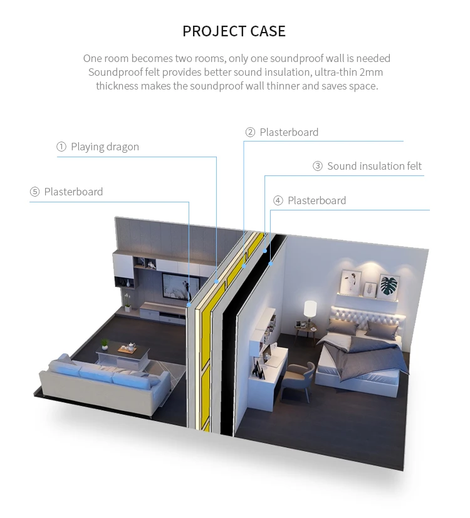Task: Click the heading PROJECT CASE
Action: click(x=234, y=31)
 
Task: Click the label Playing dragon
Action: click(x=105, y=147)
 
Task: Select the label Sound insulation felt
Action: click(x=374, y=166)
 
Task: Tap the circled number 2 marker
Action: click(x=250, y=132)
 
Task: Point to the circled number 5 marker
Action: click(x=34, y=192)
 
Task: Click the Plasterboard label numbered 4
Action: click(x=316, y=200)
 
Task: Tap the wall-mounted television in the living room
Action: click(x=176, y=285)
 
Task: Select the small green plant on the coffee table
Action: click(x=105, y=344)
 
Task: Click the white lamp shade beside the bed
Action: click(x=310, y=308)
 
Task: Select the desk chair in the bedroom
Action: click(x=296, y=380)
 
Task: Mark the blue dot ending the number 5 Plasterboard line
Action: click(x=189, y=305)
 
